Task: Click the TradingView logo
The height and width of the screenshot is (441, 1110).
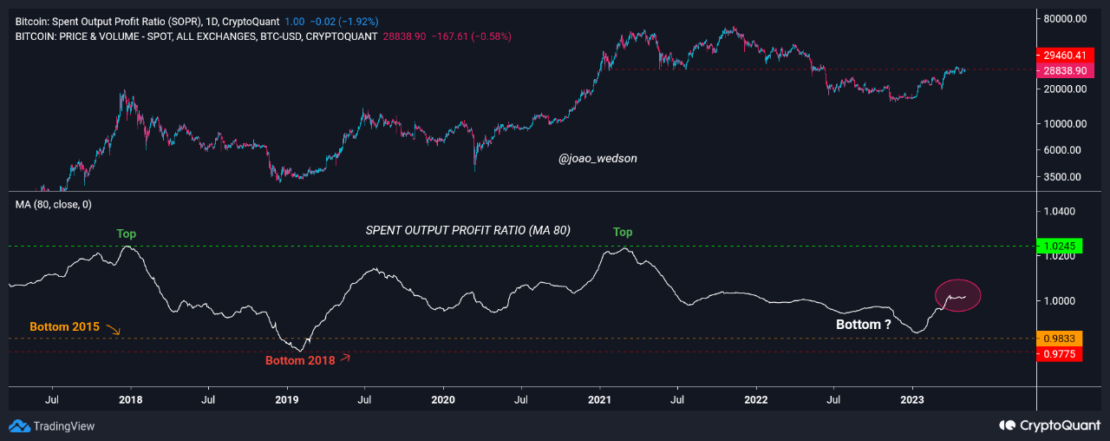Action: [52, 426]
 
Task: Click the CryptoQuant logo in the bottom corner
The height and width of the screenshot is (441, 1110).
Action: [1050, 425]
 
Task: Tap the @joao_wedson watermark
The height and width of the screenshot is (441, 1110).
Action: [597, 159]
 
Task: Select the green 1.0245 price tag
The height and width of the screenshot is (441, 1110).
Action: [1061, 247]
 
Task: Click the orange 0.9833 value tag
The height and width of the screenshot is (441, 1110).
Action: [1061, 338]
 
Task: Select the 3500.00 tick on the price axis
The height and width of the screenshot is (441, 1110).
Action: [1062, 176]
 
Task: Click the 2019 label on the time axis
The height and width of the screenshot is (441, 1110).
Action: [287, 400]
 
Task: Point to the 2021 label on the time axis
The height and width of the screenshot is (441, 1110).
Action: [599, 400]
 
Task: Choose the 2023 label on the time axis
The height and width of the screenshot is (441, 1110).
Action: [912, 400]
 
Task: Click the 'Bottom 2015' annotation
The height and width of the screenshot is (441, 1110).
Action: [64, 327]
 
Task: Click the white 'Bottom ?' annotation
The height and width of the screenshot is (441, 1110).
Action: [863, 325]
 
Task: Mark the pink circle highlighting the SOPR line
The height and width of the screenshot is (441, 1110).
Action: [958, 295]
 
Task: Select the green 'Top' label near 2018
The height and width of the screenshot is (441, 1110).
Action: [127, 234]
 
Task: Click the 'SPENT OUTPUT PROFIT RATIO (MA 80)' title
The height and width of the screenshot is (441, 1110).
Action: [480, 230]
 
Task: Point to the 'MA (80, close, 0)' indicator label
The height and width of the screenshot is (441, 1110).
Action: [54, 204]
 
